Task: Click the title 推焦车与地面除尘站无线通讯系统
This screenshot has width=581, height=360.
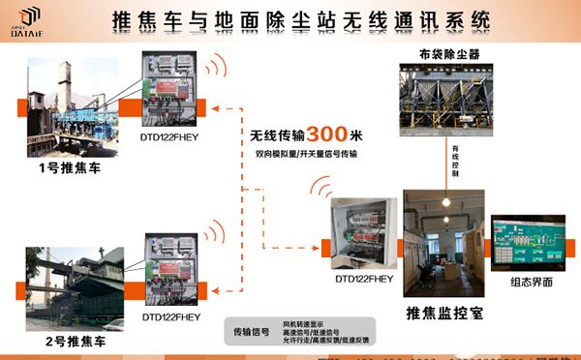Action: coord(300,20)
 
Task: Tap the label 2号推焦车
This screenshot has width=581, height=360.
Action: coord(64,341)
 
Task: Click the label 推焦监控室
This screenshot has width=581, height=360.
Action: coord(444,313)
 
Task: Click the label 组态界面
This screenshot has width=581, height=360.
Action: coord(532,282)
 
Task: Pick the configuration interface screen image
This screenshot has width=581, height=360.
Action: coord(531,242)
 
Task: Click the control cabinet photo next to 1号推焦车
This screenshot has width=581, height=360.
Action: coord(175,87)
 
